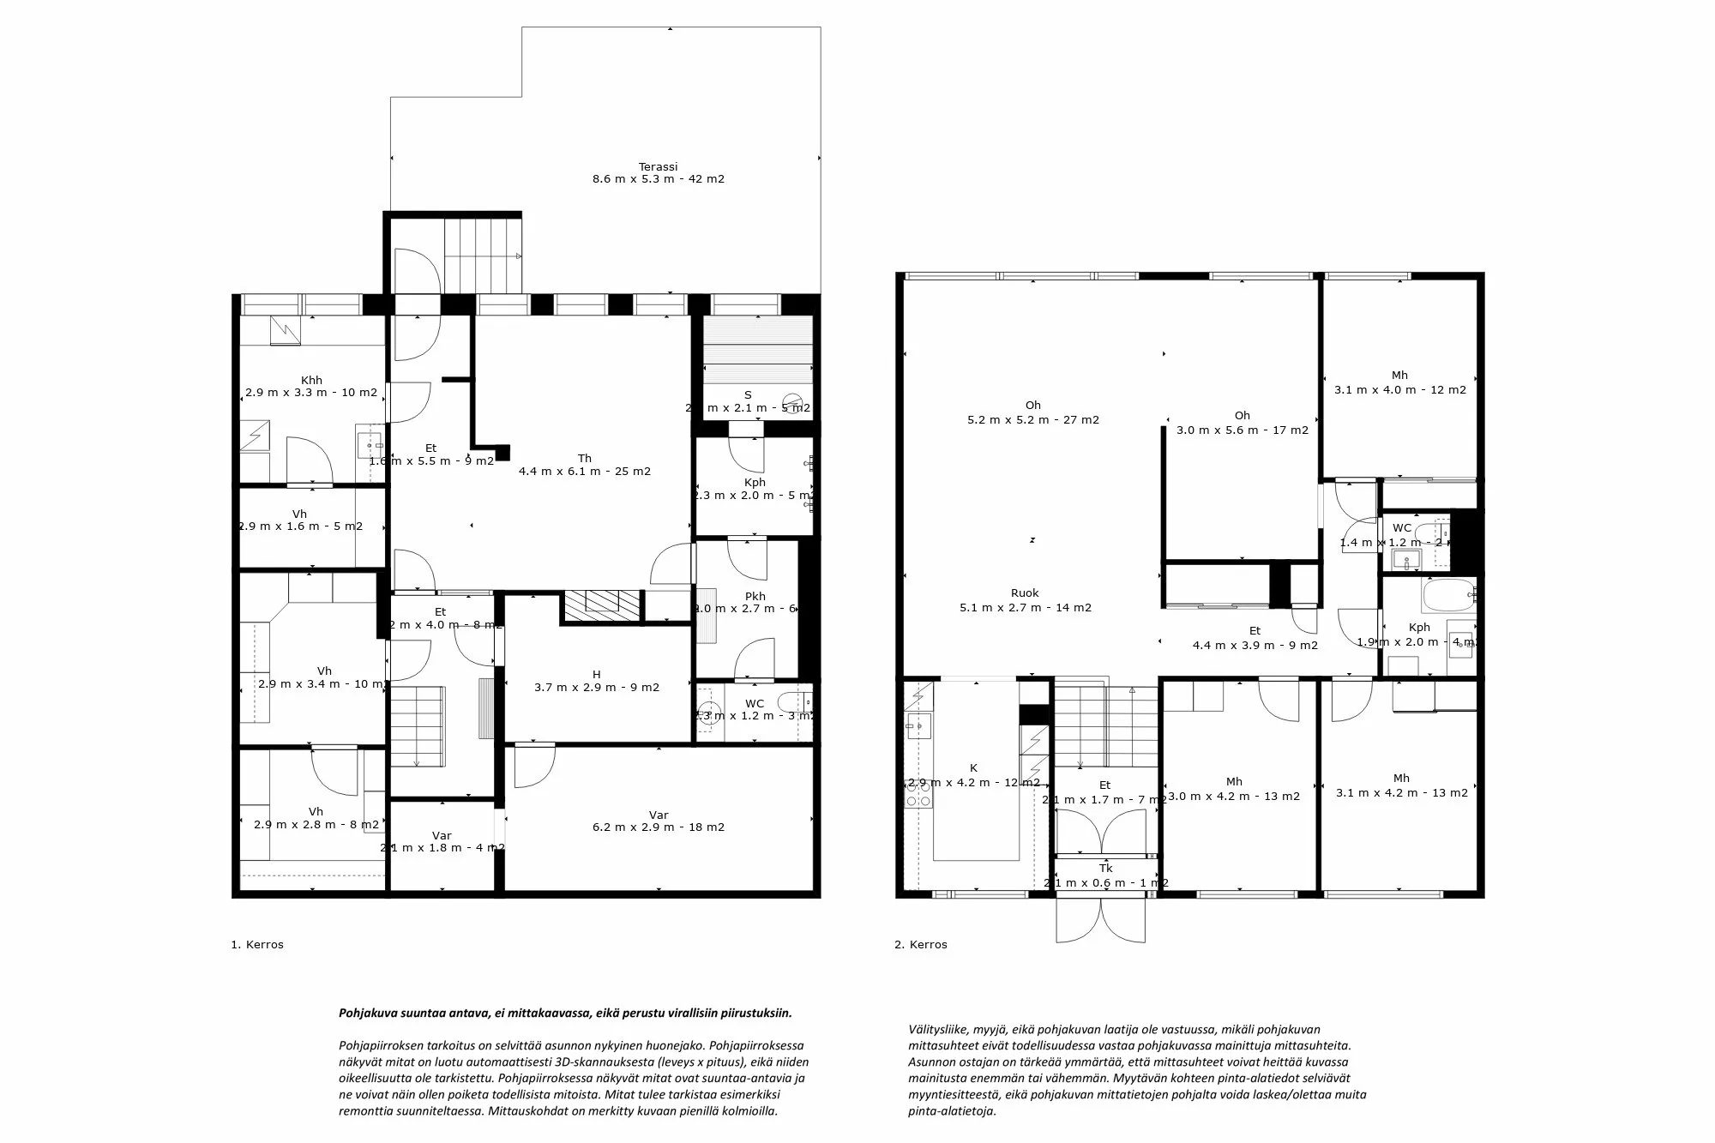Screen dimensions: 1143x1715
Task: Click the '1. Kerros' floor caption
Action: pos(257,945)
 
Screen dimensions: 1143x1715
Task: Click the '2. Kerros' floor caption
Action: pos(921,945)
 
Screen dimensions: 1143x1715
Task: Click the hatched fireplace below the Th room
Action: pos(602,605)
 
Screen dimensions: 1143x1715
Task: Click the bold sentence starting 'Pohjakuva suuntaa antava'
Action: pos(565,1013)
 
